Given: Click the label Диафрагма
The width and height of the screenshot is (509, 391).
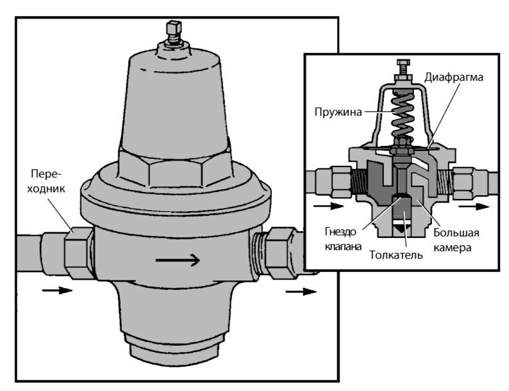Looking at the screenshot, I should tap(454, 77).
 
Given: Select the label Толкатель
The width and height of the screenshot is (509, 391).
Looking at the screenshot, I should tap(396, 255).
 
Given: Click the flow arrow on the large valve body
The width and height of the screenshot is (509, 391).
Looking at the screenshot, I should tap(178, 260).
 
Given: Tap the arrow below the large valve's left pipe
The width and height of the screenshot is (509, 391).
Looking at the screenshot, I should tap(57, 290).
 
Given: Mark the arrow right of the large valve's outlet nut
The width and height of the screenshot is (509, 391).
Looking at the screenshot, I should tap(301, 292).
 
